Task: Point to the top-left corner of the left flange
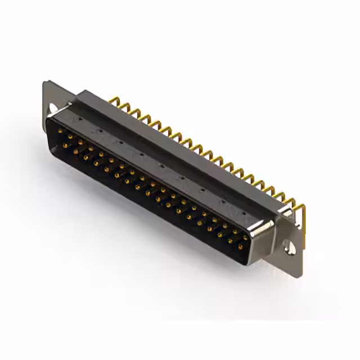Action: (x=45, y=83)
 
